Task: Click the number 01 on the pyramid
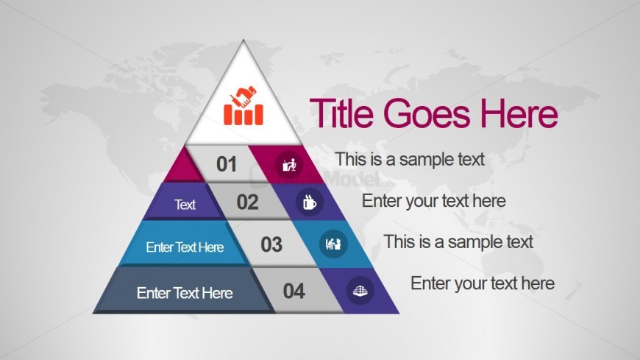(227, 164)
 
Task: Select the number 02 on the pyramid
(247, 202)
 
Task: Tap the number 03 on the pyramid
(271, 244)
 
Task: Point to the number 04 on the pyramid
(294, 291)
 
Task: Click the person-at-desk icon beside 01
(289, 165)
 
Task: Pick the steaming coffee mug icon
(310, 202)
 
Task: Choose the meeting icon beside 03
(333, 244)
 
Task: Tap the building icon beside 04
(360, 291)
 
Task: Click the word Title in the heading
(341, 113)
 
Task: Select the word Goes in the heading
(427, 113)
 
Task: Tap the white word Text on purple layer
(185, 205)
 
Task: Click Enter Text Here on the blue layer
(185, 247)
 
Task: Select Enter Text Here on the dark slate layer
(185, 293)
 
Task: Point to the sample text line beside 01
(410, 159)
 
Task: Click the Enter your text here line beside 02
(434, 201)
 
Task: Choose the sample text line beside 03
(458, 242)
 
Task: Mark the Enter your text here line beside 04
(483, 283)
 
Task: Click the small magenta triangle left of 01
(183, 169)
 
